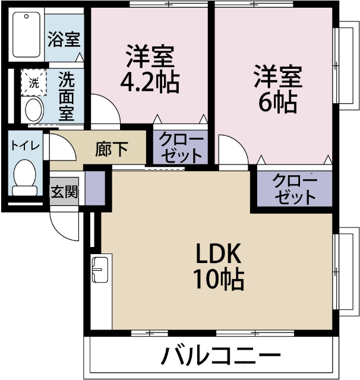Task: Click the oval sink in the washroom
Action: click(33, 110)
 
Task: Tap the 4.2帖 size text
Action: click(149, 83)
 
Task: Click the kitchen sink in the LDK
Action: click(99, 271)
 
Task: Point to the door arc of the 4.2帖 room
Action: click(107, 110)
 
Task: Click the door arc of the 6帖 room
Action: click(232, 149)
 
